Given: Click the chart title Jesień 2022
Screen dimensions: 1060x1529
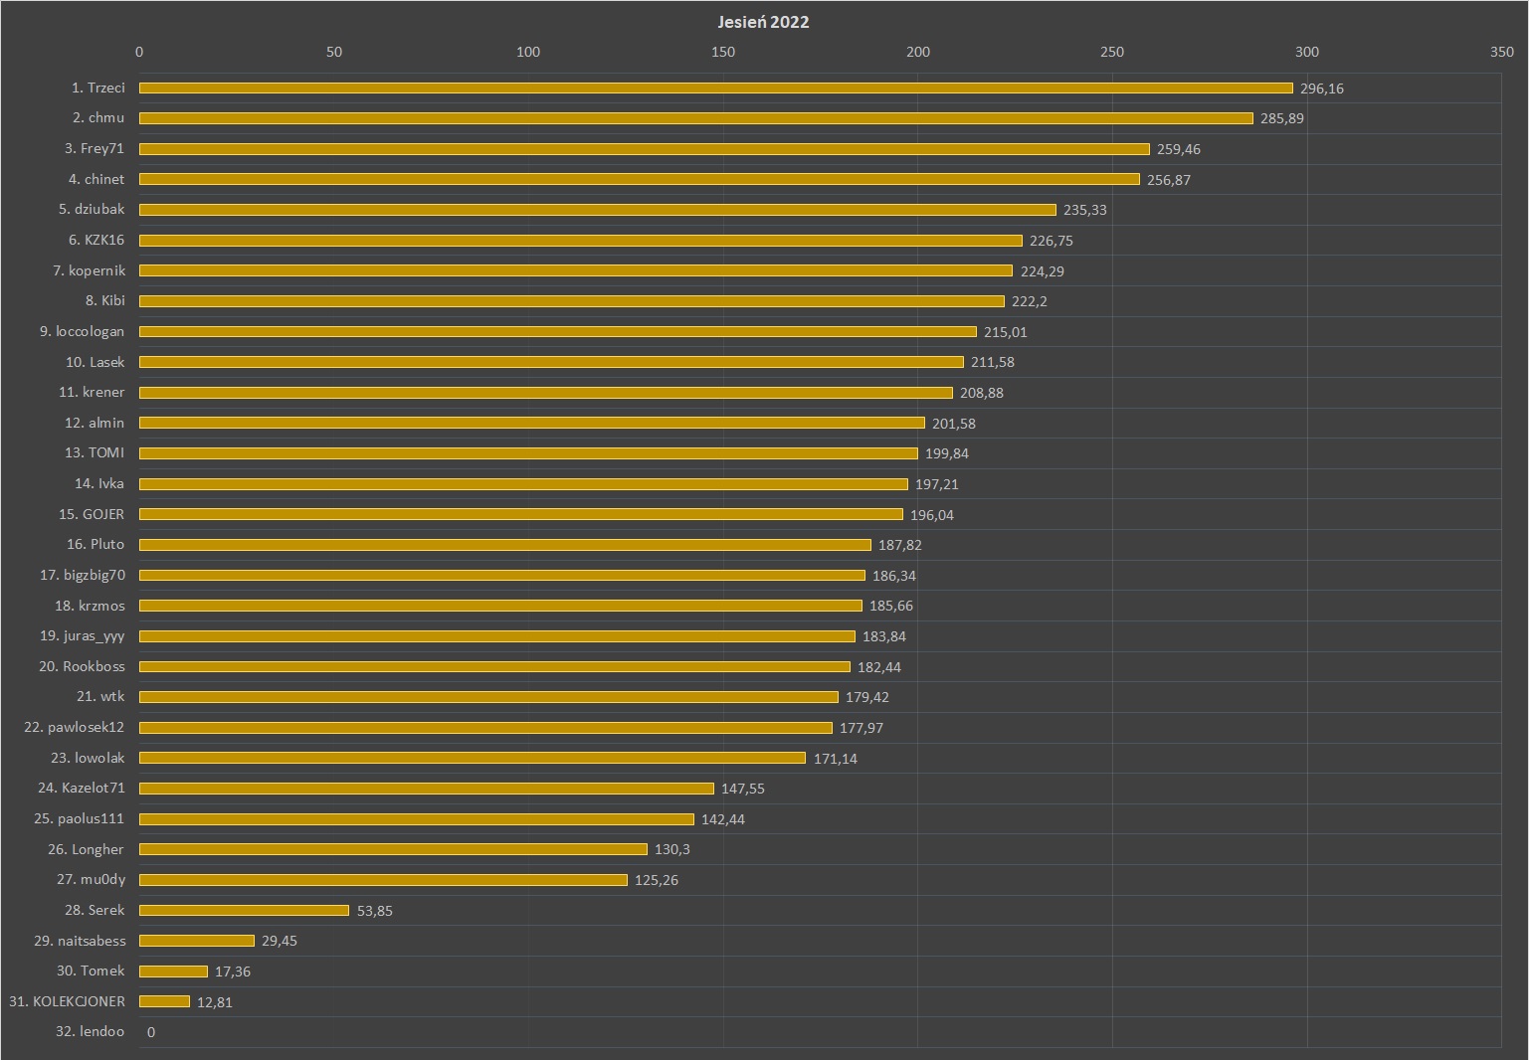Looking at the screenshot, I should point(763,22).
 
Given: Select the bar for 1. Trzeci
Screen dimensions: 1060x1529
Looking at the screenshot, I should point(715,88).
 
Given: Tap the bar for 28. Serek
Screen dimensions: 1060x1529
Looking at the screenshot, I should point(244,911).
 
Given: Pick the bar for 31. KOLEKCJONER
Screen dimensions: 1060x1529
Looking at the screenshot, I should point(164,1001).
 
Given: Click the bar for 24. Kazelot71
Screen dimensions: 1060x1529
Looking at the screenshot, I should point(426,789).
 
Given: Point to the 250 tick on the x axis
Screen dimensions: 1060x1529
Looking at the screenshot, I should point(1112,52).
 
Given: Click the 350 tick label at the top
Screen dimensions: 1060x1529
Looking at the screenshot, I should point(1501,52).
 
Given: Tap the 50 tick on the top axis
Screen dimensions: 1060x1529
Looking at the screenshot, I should point(334,52).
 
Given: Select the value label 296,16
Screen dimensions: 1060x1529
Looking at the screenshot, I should point(1321,88).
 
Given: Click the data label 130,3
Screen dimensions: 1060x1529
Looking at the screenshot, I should point(671,849).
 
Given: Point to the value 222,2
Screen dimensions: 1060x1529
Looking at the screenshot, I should point(1029,301).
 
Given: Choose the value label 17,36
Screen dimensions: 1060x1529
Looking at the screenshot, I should point(232,972).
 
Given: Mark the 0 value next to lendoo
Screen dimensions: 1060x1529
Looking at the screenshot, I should point(151,1032).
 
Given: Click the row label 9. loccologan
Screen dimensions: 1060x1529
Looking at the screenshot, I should point(83,331).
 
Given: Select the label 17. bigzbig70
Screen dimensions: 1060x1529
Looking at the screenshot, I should point(83,575).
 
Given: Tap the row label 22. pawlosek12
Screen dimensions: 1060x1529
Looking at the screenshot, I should point(75,727).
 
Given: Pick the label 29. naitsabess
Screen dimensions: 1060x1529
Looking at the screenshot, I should point(80,941).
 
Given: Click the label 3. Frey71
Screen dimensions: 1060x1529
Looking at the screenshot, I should point(95,148).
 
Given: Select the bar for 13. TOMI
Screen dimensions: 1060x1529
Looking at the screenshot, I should point(528,453).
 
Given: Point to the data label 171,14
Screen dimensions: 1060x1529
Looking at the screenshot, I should point(835,759).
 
